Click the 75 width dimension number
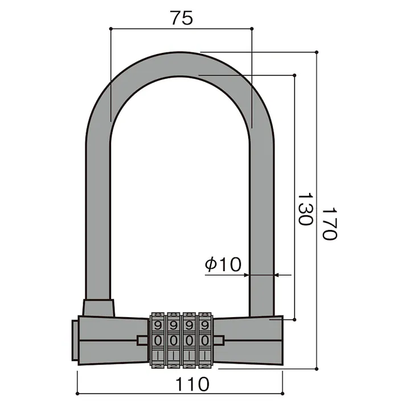[x=181, y=18]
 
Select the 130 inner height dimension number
[x=305, y=209]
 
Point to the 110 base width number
[x=191, y=384]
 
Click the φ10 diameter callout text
[x=223, y=264]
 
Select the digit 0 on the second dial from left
[x=174, y=340]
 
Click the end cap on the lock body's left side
[x=75, y=341]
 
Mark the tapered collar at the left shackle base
[x=98, y=307]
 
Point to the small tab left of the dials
[x=142, y=340]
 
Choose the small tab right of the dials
[x=219, y=340]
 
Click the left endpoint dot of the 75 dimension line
[x=110, y=27]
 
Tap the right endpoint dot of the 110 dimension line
[x=282, y=393]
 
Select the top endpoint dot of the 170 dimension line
[x=316, y=52]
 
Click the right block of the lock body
[x=251, y=341]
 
